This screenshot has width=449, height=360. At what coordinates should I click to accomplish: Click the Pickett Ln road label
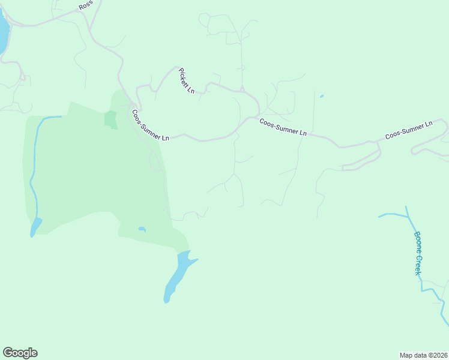[x=187, y=80]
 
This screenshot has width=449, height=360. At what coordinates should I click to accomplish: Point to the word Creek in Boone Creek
[x=418, y=265]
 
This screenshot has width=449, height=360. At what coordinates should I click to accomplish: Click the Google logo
[x=20, y=353]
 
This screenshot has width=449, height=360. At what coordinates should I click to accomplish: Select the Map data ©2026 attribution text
[x=423, y=355]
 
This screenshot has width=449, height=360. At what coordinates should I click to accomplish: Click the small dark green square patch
[x=110, y=118]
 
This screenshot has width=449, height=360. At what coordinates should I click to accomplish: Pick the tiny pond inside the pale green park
[x=142, y=229]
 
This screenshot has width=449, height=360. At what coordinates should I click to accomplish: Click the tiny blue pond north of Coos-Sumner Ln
[x=322, y=96]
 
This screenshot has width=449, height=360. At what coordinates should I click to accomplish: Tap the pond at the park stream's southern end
[x=36, y=227]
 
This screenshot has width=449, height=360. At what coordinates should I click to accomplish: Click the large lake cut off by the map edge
[x=3, y=33]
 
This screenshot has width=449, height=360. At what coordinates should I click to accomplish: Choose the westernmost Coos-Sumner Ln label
[x=151, y=125]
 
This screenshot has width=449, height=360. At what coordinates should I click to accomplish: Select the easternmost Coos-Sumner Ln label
[x=409, y=130]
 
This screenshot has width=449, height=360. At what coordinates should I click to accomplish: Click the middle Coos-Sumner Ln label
[x=283, y=127]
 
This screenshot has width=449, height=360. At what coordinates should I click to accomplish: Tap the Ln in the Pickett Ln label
[x=191, y=90]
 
